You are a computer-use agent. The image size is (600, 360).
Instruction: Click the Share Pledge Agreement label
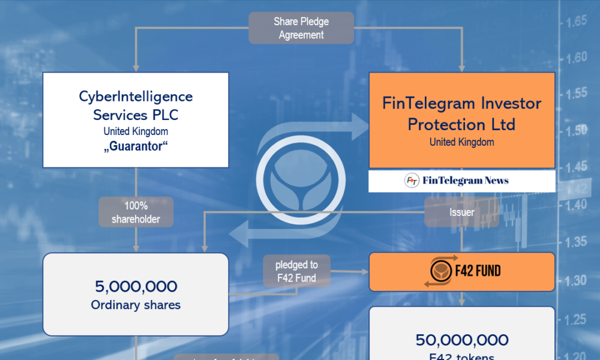[301, 28]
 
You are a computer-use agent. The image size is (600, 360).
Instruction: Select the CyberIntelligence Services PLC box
[136, 119]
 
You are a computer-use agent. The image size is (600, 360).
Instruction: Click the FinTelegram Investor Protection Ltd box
[461, 120]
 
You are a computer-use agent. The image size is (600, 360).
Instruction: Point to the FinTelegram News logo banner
[461, 181]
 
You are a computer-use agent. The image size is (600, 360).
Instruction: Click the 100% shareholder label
[136, 212]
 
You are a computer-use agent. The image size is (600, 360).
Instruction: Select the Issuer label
[461, 212]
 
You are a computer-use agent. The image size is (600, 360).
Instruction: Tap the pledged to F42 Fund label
[296, 271]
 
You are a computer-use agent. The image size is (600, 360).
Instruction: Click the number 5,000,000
[136, 287]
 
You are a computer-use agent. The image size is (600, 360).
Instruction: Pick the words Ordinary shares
[136, 305]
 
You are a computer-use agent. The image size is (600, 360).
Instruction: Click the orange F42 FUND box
[461, 272]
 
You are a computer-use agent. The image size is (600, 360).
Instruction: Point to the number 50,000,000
[461, 340]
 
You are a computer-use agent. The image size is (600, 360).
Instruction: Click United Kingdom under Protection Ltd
[461, 142]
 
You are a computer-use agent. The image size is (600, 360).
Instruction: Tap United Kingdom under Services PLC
[136, 131]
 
